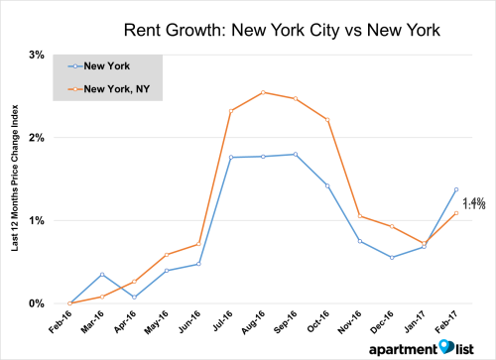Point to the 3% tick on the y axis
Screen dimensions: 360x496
coord(35,54)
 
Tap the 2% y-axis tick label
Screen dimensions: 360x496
coord(35,137)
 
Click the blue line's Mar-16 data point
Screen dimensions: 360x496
coord(102,274)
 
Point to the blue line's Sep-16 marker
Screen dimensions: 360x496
coord(295,154)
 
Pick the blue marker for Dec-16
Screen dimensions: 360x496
coord(392,258)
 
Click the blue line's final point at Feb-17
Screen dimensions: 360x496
coord(456,189)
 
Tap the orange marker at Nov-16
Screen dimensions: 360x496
coord(359,216)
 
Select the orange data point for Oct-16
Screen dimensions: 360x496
coord(327,119)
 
